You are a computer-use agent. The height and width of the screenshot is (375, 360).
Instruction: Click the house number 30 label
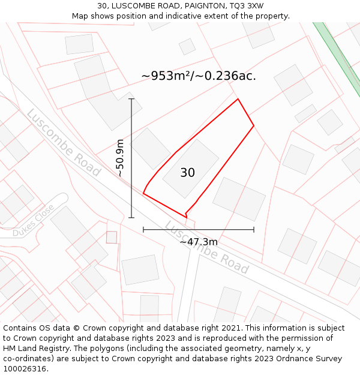pyautogui.click(x=187, y=173)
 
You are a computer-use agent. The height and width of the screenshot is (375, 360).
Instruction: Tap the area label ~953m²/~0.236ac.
pyautogui.click(x=199, y=76)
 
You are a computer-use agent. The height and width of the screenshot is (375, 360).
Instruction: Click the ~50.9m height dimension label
pyautogui.click(x=120, y=158)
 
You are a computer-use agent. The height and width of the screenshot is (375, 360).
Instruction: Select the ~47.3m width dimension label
pyautogui.click(x=199, y=242)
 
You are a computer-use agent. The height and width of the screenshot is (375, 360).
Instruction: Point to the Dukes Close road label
pyautogui.click(x=33, y=220)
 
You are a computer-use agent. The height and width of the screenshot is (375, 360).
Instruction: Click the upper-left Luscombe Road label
pyautogui.click(x=63, y=142)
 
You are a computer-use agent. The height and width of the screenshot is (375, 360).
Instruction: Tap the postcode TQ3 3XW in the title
pyautogui.click(x=247, y=6)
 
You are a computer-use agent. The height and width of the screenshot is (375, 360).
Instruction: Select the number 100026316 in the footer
pyautogui.click(x=24, y=369)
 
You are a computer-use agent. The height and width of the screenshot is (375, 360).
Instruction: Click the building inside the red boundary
pyautogui.click(x=191, y=169)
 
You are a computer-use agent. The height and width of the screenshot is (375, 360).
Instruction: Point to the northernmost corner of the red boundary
pyautogui.click(x=238, y=99)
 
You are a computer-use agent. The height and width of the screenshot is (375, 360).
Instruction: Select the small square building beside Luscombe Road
pyautogui.click(x=112, y=237)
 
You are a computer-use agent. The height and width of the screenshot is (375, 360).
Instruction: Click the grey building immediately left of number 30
pyautogui.click(x=151, y=148)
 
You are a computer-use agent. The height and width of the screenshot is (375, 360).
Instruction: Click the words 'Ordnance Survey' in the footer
pyautogui.click(x=312, y=359)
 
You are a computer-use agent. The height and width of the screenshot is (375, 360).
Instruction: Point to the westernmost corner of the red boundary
pyautogui.click(x=143, y=193)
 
